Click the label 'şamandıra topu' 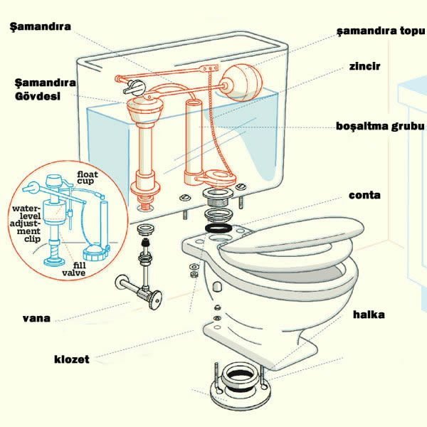[381, 31]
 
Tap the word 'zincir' [364, 66]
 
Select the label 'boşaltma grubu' [380, 127]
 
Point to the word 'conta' [364, 195]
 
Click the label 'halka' [369, 315]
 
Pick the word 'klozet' [72, 359]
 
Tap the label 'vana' [36, 318]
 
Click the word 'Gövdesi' [38, 96]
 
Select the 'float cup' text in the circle [87, 177]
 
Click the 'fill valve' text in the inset [74, 269]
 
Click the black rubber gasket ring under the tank [218, 228]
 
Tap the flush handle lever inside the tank [135, 88]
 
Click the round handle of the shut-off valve [155, 300]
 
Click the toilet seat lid [292, 235]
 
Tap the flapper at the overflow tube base [216, 177]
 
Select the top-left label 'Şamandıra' [41, 27]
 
